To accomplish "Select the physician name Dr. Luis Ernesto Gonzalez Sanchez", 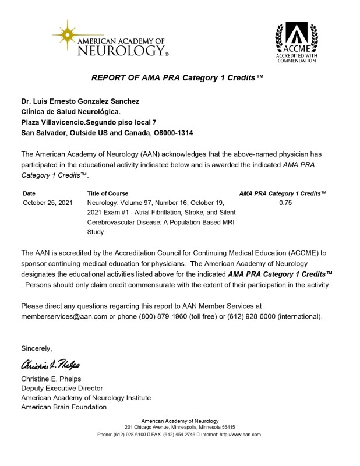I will pyautogui.click(x=80, y=101).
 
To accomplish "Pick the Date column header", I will pyautogui.click(x=29, y=193).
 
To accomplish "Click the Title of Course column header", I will pyautogui.click(x=108, y=193).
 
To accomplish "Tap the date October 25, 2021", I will pyautogui.click(x=48, y=203).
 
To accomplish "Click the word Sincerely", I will pyautogui.click(x=37, y=348).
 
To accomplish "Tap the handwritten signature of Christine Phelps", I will pyautogui.click(x=51, y=365).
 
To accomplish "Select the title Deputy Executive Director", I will pyautogui.click(x=62, y=388).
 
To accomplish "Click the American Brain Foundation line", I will pyautogui.click(x=63, y=407).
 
